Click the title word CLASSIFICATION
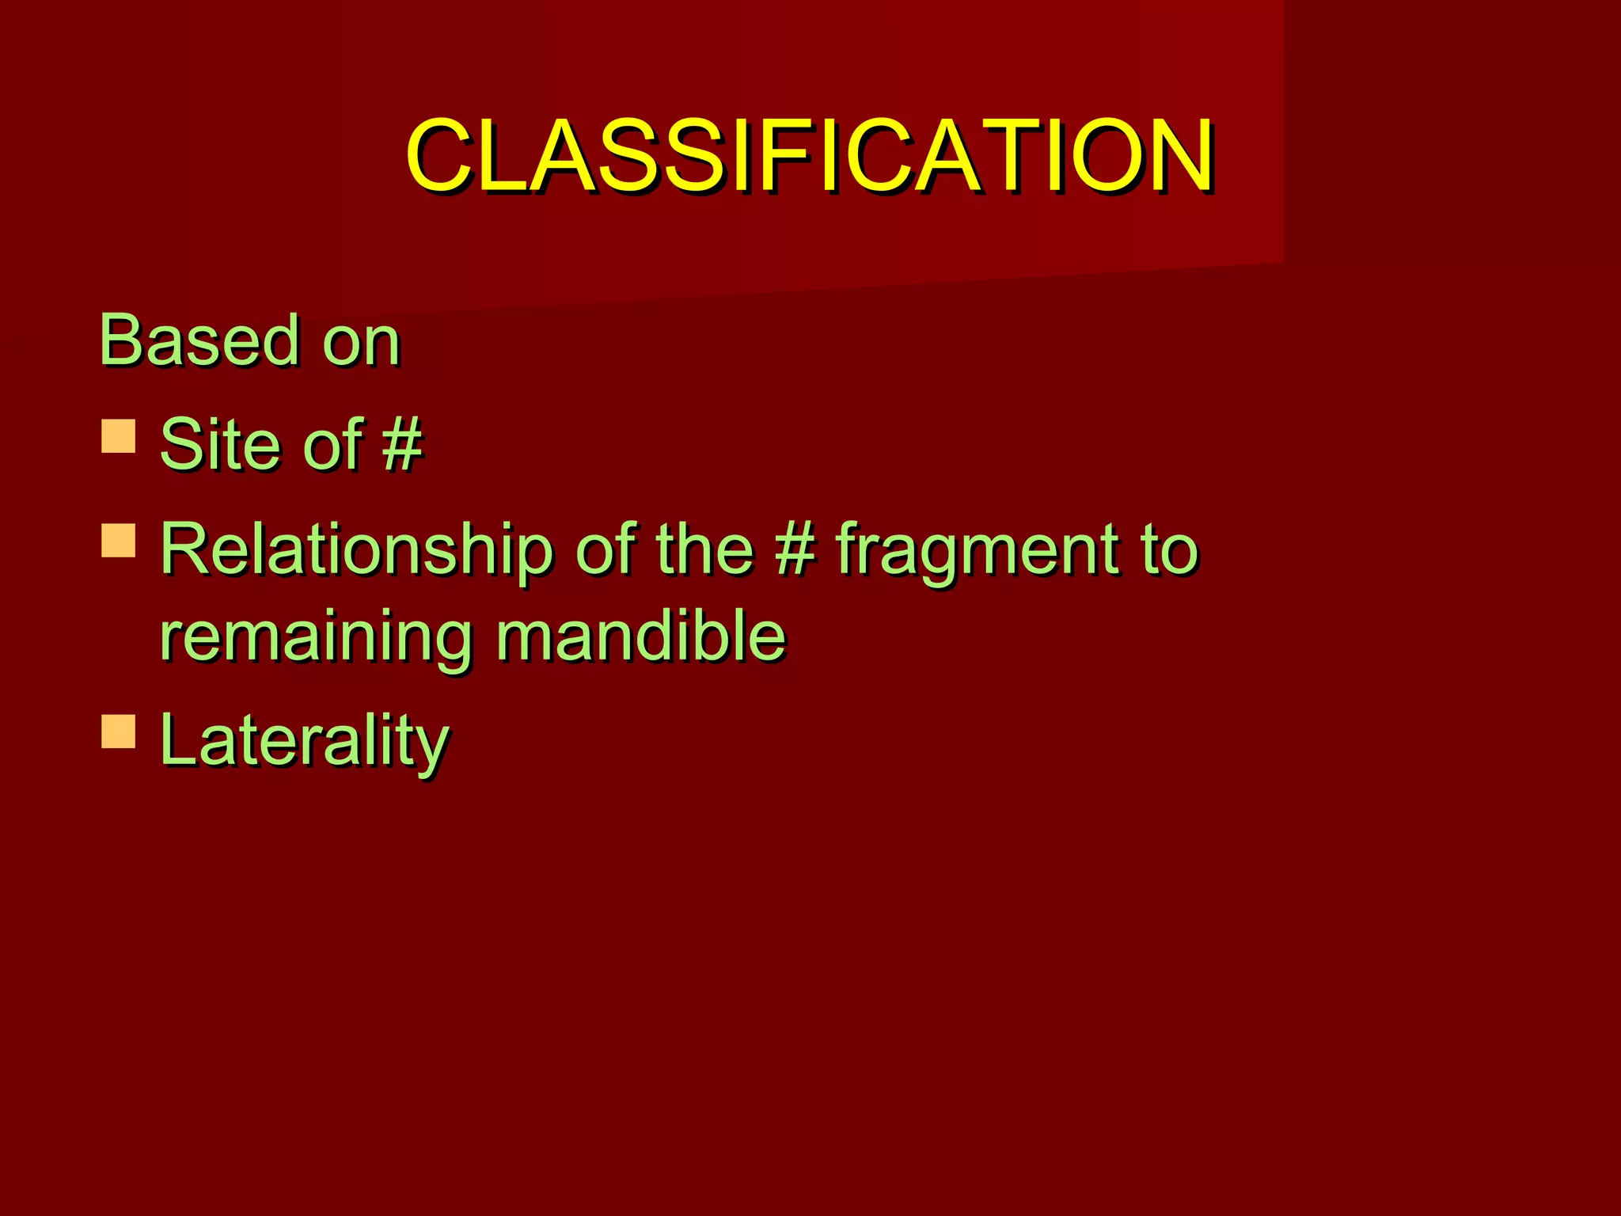[809, 155]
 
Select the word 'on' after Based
[361, 342]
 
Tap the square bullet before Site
[119, 436]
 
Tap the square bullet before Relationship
[119, 541]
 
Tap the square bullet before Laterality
[119, 731]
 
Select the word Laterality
[304, 739]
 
